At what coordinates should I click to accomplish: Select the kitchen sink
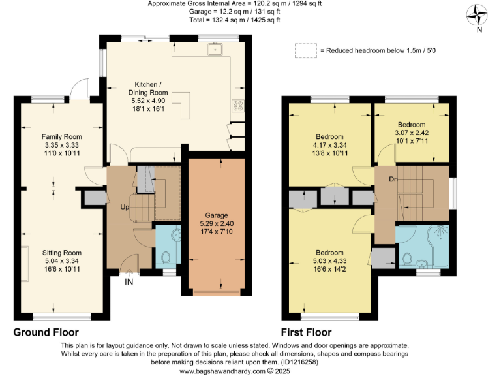pos(215,50)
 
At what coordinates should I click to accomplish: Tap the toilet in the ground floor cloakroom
pos(165,258)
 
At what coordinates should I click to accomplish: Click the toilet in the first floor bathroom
pos(408,258)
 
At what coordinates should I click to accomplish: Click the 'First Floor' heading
pos(306,332)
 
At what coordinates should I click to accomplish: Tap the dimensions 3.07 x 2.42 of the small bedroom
pos(412,133)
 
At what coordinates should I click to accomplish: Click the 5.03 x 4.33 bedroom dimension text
pos(329,260)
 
